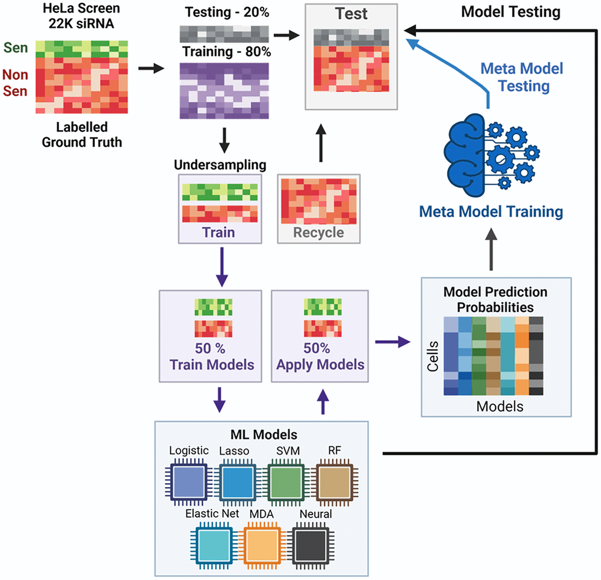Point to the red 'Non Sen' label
pos(15,83)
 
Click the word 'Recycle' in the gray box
pos(319,232)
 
